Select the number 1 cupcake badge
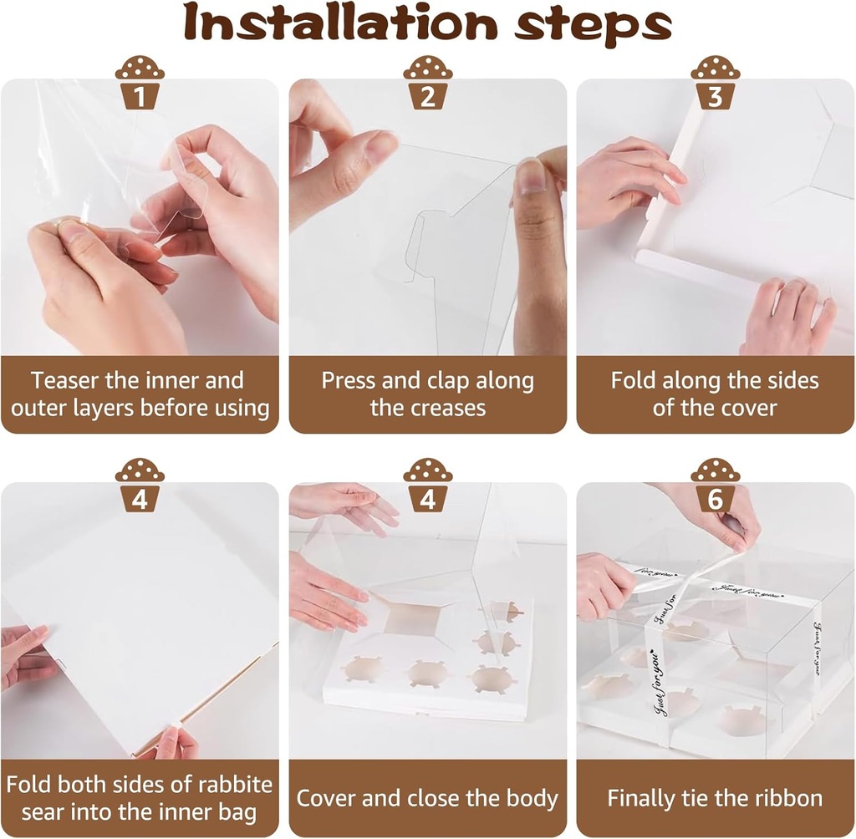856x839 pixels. click(x=140, y=83)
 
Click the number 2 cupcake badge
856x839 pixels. click(x=428, y=83)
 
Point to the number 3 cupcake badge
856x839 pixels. click(x=716, y=83)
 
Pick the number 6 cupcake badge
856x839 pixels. click(x=716, y=486)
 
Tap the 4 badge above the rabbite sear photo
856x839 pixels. click(x=140, y=486)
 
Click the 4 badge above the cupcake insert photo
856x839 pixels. click(x=428, y=486)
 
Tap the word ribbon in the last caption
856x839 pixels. click(x=789, y=799)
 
